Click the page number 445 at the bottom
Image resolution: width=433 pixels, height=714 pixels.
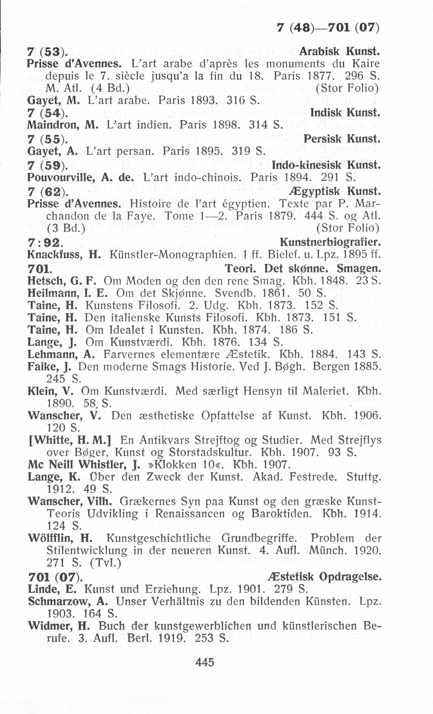205,662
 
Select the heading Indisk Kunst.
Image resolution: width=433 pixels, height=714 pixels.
345,112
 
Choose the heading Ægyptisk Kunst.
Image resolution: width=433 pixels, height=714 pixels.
334,191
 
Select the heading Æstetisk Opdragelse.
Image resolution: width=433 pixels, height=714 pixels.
325,577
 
